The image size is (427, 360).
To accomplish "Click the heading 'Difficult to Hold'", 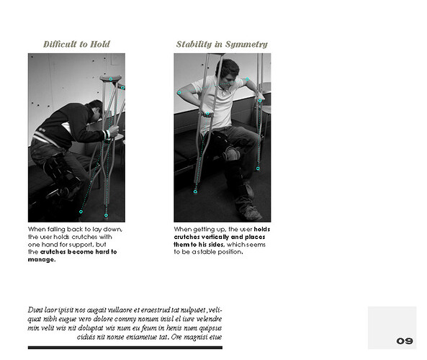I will (x=76, y=44).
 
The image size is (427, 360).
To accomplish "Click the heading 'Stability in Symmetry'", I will (x=222, y=44).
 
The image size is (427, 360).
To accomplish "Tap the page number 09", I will (x=404, y=341).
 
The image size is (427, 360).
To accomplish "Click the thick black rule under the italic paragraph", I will (x=125, y=347).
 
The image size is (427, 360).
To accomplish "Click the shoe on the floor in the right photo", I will (x=251, y=212).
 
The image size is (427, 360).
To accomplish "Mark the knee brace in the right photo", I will (x=232, y=153).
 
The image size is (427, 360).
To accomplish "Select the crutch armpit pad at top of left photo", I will (x=111, y=78).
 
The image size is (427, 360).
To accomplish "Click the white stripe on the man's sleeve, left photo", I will (x=107, y=134).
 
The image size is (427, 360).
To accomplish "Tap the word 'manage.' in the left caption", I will (x=42, y=260).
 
